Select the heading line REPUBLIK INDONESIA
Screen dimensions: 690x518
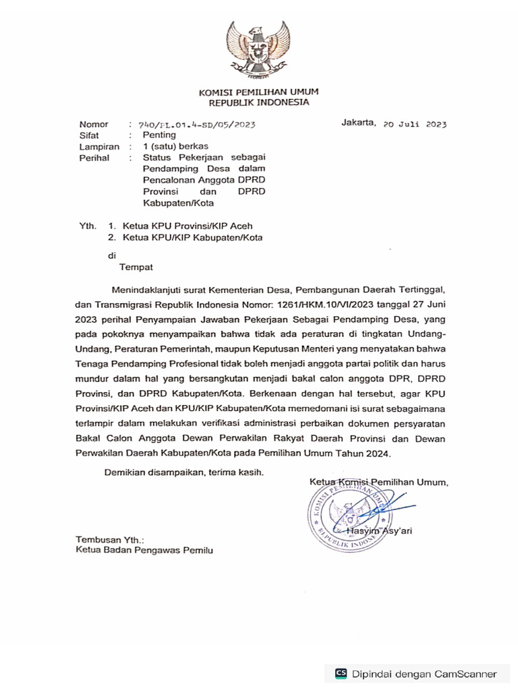[258, 102]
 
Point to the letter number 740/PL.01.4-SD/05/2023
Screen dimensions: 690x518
[196, 125]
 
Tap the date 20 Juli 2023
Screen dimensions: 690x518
[413, 125]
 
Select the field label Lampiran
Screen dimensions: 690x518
[99, 146]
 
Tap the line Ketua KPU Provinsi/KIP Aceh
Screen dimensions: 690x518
[188, 226]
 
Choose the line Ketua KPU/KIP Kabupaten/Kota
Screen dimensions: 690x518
[192, 237]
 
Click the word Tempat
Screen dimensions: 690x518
[136, 267]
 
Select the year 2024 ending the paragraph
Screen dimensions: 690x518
[377, 455]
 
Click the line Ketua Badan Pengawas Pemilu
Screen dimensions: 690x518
[144, 551]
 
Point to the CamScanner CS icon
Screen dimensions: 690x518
[341, 673]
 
